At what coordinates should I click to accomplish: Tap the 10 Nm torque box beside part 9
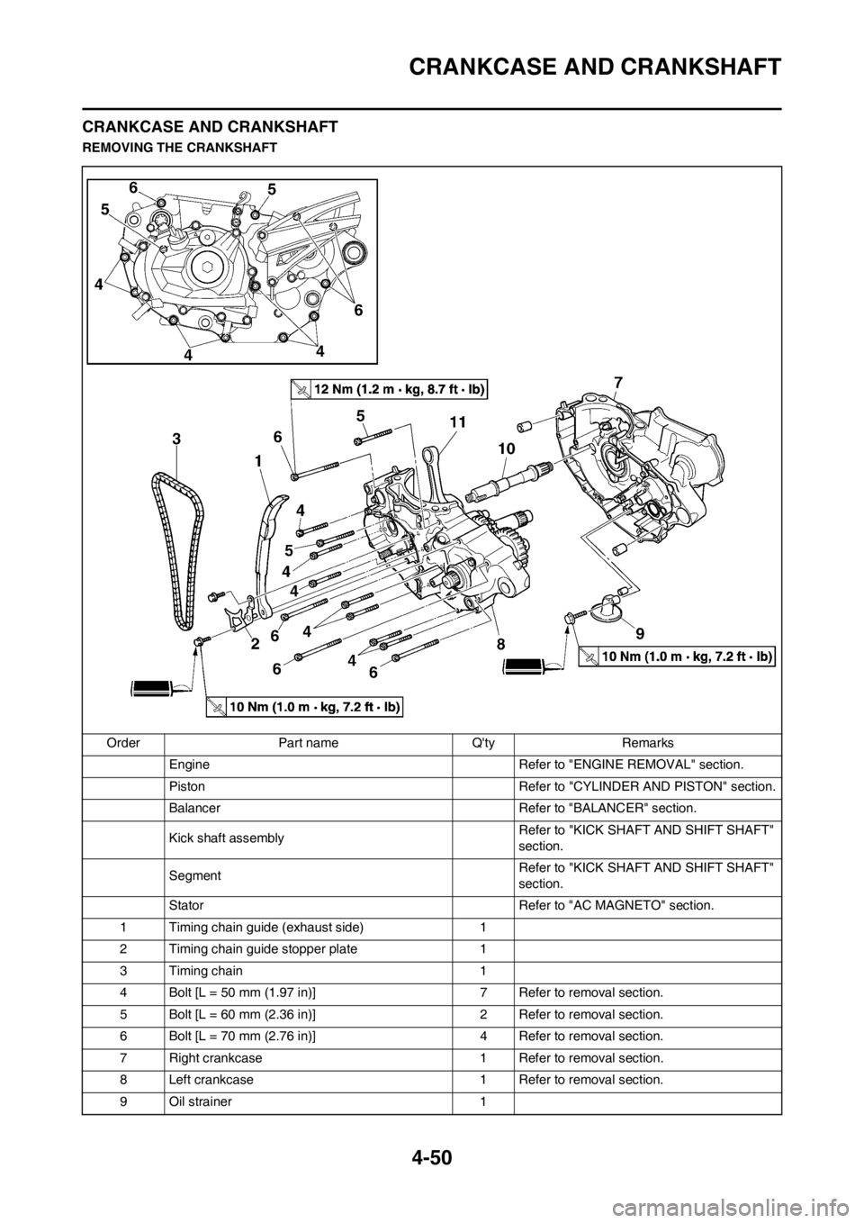pyautogui.click(x=676, y=657)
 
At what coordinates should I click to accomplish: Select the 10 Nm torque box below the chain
pyautogui.click(x=303, y=707)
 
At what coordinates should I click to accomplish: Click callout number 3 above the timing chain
pyautogui.click(x=177, y=439)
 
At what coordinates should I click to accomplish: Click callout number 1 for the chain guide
pyautogui.click(x=257, y=459)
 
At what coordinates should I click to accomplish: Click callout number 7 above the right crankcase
pyautogui.click(x=617, y=383)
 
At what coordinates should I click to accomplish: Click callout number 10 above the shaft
pyautogui.click(x=504, y=448)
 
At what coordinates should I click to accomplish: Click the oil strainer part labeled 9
pyautogui.click(x=614, y=608)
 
